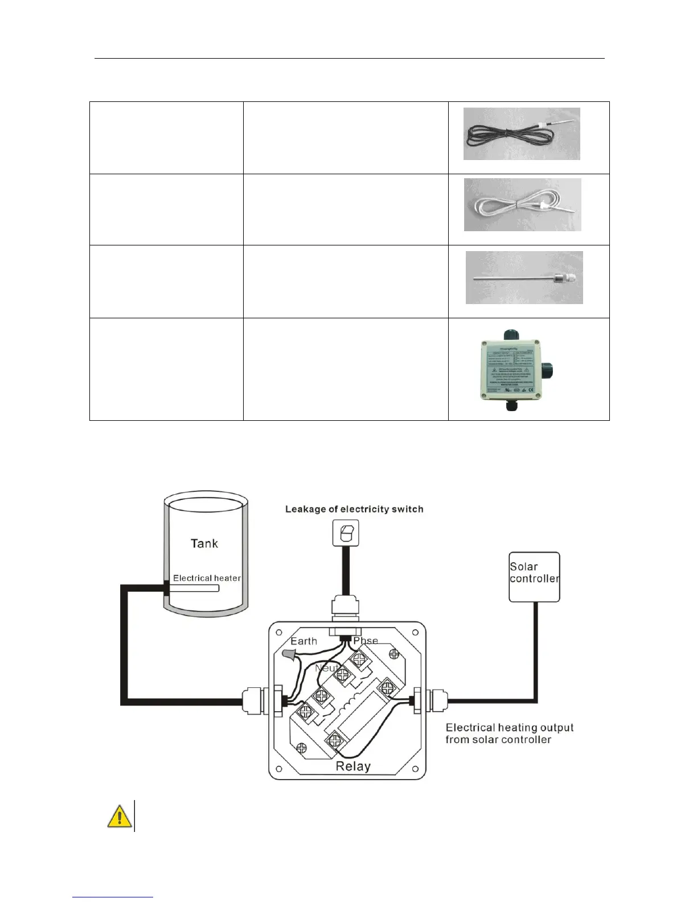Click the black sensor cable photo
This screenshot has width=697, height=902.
522,134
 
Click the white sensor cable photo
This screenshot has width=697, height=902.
523,204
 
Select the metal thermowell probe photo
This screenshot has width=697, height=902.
524,277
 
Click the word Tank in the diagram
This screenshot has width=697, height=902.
204,543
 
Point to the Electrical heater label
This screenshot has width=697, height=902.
207,578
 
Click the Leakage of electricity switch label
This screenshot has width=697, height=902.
354,509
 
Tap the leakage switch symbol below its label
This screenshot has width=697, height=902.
346,534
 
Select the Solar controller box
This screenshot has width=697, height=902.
534,576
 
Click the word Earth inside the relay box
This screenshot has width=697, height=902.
304,641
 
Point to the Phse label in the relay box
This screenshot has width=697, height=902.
365,641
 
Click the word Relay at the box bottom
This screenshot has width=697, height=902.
353,766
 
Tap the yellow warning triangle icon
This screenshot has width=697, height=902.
119,816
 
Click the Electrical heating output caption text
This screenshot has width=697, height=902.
509,733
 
